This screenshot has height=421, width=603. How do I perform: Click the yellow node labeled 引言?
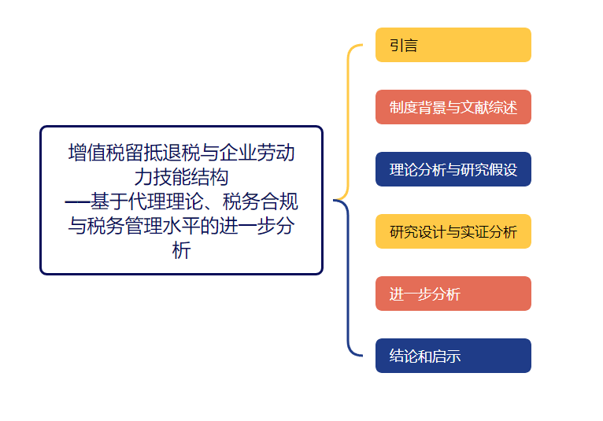click(x=453, y=45)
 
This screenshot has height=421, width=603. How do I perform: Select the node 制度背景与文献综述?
click(x=453, y=107)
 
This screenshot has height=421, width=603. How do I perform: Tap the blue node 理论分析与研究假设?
click(x=453, y=169)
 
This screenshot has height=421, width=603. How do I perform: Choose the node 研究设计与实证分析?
click(x=453, y=231)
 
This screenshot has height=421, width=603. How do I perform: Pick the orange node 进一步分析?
click(x=453, y=294)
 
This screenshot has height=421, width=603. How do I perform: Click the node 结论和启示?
click(x=453, y=356)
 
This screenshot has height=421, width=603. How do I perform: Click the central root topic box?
click(x=181, y=200)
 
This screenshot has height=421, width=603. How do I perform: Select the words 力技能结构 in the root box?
click(x=181, y=177)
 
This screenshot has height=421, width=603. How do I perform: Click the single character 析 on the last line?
click(x=181, y=252)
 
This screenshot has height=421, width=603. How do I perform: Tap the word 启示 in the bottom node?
click(x=446, y=356)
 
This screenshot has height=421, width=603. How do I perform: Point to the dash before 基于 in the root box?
click(x=76, y=202)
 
